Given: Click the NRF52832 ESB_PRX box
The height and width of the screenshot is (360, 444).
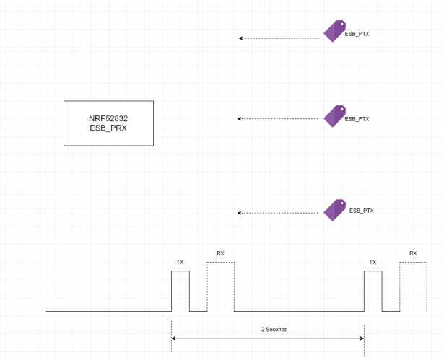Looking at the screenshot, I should [108, 123].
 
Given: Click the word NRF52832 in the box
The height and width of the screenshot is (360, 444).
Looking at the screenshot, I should [108, 118].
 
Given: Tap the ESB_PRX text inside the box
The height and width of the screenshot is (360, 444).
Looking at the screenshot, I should [108, 128].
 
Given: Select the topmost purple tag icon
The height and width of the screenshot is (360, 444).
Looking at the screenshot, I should [334, 31].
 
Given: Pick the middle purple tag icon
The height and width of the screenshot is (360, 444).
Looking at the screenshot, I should [334, 116].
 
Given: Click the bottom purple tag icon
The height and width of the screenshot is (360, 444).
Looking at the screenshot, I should [334, 209].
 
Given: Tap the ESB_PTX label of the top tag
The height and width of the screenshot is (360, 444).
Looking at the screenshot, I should [357, 34].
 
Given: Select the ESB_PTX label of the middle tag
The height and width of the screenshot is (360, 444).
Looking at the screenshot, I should [357, 119].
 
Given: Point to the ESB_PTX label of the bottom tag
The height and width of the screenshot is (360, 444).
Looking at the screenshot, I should [361, 211].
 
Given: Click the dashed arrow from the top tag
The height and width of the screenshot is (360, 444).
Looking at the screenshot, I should [279, 38].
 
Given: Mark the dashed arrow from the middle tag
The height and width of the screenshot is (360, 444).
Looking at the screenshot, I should [278, 119].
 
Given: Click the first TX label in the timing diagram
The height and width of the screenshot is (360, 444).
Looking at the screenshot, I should [180, 263].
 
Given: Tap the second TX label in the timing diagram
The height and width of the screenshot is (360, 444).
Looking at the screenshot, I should [373, 263].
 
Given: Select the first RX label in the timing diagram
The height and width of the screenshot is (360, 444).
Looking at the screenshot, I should [220, 253].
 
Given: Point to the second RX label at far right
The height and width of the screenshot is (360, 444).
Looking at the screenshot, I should [413, 253].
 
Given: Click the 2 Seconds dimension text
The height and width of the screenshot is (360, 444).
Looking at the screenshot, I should [274, 329].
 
